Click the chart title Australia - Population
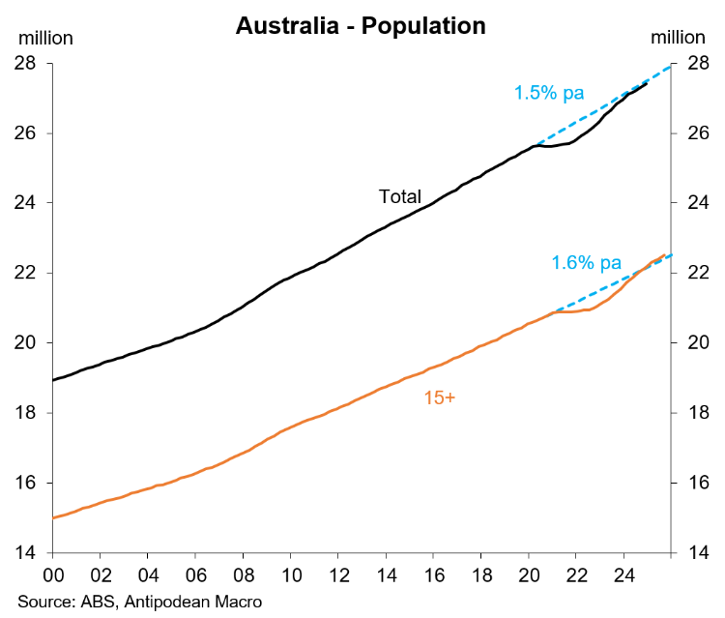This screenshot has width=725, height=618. (361, 25)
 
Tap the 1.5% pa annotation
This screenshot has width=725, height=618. (549, 94)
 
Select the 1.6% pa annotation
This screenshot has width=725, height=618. (587, 262)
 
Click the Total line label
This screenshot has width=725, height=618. (399, 197)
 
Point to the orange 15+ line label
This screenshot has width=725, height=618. (440, 397)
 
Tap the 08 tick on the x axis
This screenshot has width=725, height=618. (243, 573)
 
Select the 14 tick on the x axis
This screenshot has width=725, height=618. (386, 573)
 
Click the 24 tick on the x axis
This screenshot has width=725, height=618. (623, 573)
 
